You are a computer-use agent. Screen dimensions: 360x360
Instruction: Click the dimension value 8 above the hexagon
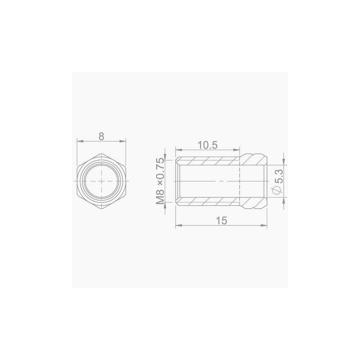[x=101, y=136]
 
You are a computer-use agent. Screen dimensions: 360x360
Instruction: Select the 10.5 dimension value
[x=207, y=145]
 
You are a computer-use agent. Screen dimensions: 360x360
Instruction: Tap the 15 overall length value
[x=221, y=221]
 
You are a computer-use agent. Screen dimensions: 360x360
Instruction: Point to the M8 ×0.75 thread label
[x=160, y=181]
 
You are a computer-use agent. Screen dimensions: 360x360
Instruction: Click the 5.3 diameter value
[x=280, y=176]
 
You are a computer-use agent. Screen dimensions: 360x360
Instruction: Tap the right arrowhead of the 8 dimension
[x=123, y=141]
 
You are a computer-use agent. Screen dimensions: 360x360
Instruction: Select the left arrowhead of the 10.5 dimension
[x=179, y=150]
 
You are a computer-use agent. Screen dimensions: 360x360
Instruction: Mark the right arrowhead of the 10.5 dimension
[x=237, y=150]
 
